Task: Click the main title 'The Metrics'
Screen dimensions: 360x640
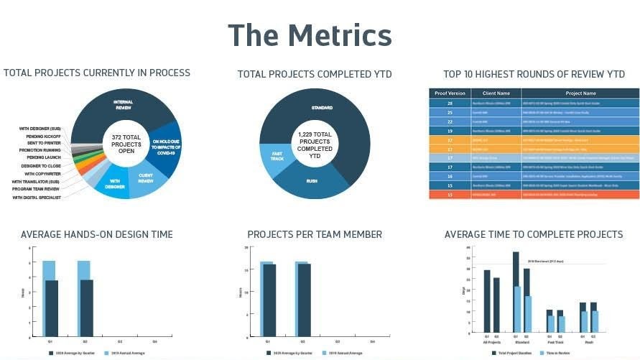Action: [310, 35]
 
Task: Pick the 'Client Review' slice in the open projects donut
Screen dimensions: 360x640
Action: [147, 179]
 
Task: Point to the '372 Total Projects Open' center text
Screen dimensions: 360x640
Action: [121, 144]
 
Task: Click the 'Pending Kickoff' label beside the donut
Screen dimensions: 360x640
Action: [39, 136]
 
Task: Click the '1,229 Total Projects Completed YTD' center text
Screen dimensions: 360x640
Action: [314, 145]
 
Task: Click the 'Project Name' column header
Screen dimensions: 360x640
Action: [580, 93]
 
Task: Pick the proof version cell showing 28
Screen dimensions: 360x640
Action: [450, 103]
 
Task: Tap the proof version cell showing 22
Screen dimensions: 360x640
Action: [450, 121]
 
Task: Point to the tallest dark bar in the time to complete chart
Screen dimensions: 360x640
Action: [516, 293]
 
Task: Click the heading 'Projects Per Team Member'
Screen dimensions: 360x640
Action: [315, 234]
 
